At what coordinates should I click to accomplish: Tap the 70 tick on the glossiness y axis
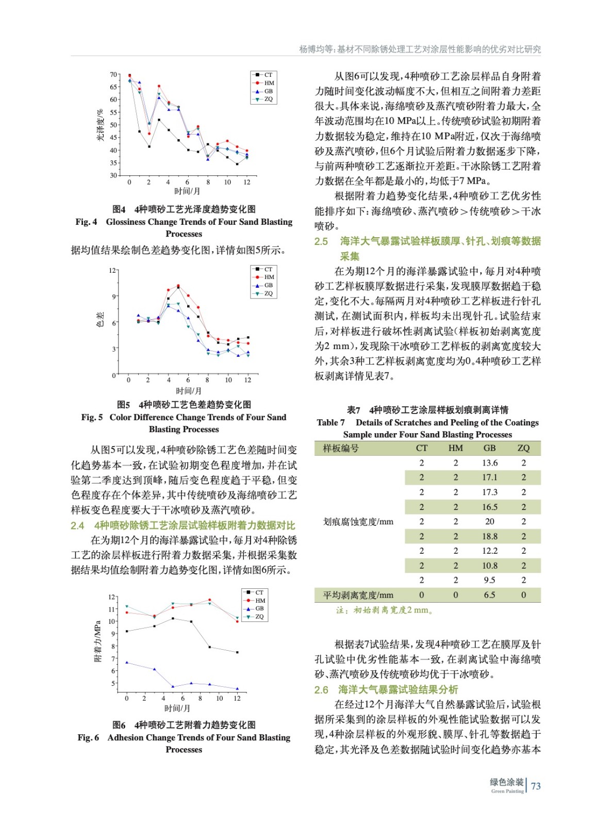(x=113, y=74)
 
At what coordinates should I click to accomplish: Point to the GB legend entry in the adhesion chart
(x=259, y=608)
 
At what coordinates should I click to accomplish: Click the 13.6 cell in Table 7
(x=489, y=463)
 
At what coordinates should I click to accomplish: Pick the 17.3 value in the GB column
(x=489, y=492)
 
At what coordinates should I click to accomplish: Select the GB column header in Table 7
(x=489, y=448)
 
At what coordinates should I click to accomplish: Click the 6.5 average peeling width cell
(x=489, y=595)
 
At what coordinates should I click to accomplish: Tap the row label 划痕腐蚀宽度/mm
(x=358, y=522)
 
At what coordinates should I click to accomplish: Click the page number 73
(x=536, y=786)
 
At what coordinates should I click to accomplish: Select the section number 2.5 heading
(x=321, y=241)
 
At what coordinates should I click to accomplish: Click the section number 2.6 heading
(x=321, y=690)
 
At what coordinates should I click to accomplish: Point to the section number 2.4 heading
(x=77, y=525)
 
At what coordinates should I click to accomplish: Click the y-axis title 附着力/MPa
(x=98, y=641)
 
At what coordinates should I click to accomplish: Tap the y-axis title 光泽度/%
(x=100, y=125)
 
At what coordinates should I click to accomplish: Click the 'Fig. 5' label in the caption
(x=92, y=417)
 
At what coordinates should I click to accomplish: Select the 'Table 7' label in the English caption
(x=330, y=422)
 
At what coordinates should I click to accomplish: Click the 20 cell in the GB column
(x=489, y=522)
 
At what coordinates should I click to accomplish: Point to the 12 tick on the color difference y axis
(x=112, y=270)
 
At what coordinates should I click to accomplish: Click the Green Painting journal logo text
(x=507, y=786)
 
